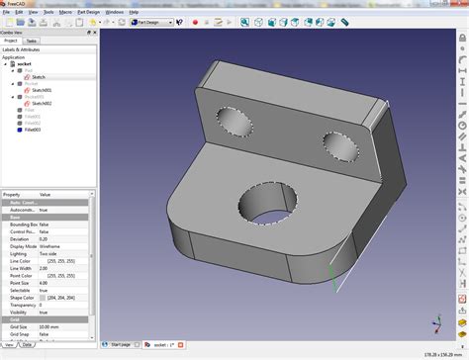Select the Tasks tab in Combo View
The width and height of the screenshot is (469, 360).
(x=32, y=42)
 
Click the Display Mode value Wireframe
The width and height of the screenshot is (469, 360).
(x=55, y=246)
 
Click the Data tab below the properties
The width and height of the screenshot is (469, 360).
(x=26, y=345)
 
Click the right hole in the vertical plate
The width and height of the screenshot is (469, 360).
(x=339, y=144)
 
